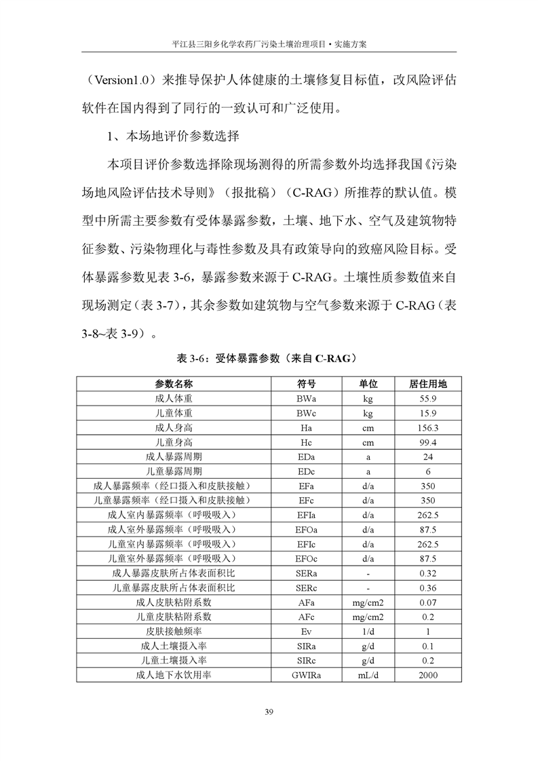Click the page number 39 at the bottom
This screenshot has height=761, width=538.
269,711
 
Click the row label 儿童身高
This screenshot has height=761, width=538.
174,442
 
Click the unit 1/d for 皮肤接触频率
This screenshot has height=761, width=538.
368,631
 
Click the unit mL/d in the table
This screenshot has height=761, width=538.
368,675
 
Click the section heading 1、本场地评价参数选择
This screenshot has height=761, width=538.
173,136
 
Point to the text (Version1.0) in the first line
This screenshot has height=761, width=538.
119,79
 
